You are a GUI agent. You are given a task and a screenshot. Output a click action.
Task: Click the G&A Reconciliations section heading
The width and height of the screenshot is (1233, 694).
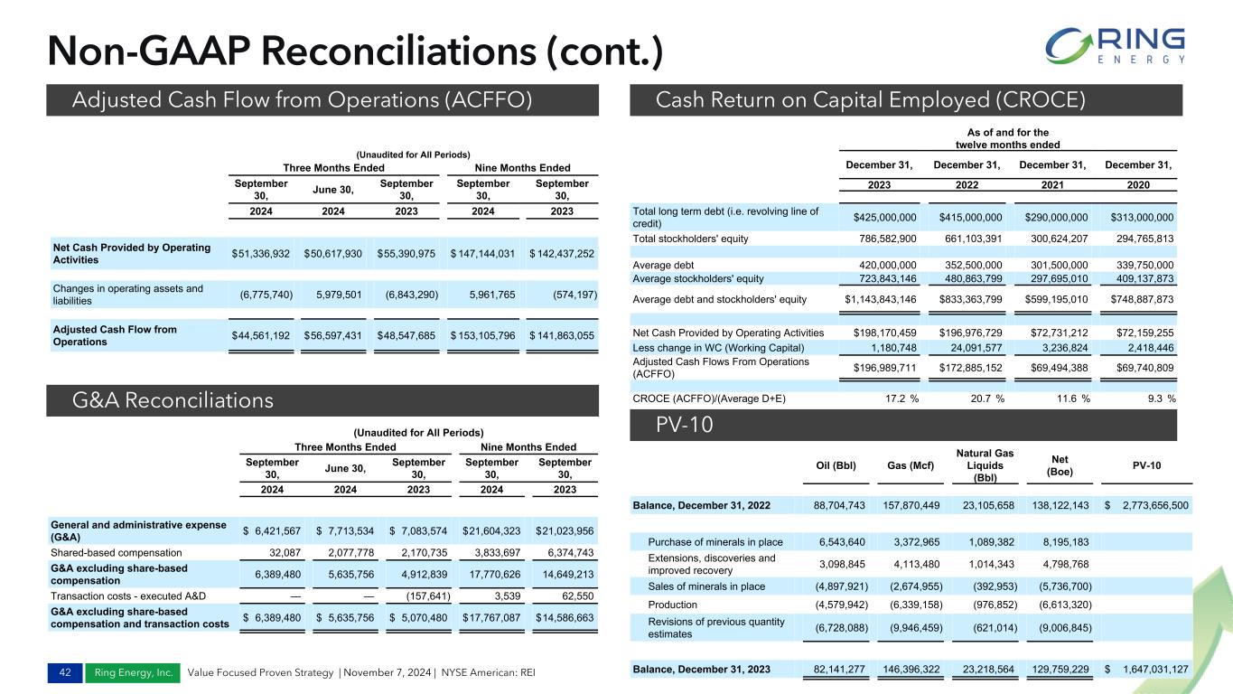coord(172,400)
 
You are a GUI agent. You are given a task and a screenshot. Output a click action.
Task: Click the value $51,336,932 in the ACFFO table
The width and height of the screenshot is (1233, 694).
coord(261,254)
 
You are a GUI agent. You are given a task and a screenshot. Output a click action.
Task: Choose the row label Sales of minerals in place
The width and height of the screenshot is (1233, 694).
coord(706,586)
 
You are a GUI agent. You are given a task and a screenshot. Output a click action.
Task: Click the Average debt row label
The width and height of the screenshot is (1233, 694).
coord(668,265)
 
